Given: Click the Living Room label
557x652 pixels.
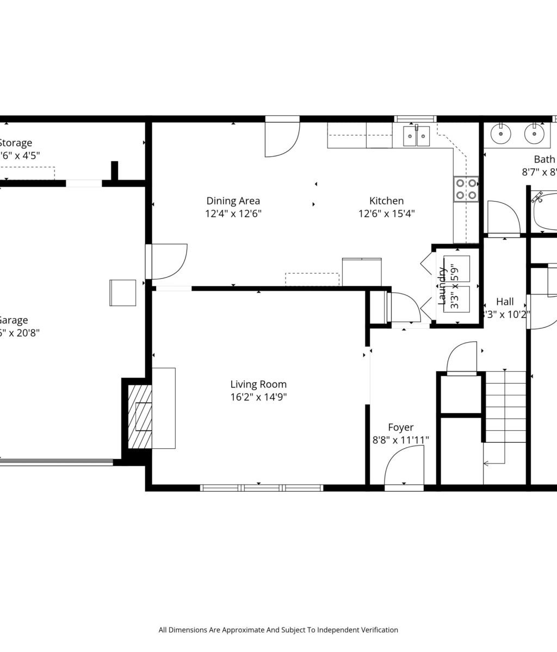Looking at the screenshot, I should [258, 385].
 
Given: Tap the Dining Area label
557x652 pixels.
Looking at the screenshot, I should [233, 201].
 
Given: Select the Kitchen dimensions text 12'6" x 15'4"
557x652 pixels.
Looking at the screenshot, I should [386, 214].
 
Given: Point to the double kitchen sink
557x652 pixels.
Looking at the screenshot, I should [417, 136].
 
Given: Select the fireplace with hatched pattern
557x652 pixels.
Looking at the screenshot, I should [140, 416].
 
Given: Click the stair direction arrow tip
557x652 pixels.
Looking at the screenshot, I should [485, 463].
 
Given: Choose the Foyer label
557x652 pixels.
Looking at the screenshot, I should [400, 428].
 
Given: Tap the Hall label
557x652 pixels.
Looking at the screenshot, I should [505, 302].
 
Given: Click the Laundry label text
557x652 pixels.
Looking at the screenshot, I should [443, 286].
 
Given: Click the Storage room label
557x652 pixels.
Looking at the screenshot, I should [15, 143].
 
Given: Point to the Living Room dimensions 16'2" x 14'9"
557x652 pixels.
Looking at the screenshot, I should [258, 397].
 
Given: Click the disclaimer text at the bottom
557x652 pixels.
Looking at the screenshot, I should [278, 630].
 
